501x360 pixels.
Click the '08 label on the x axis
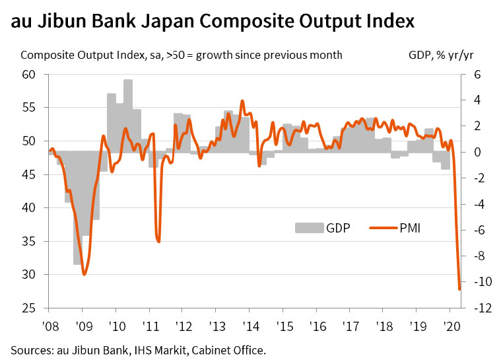coord(48,325)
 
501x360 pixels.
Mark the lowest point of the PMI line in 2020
coord(459,289)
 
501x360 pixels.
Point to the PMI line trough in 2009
coord(84,273)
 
